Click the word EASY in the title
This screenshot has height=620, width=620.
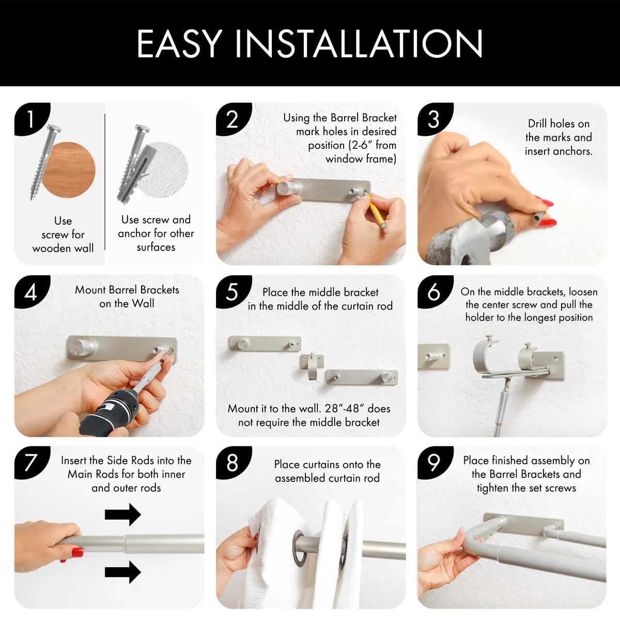tap(179, 43)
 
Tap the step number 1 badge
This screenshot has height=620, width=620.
tap(31, 118)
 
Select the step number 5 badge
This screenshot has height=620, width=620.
tap(233, 291)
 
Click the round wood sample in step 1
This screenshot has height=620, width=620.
tap(69, 169)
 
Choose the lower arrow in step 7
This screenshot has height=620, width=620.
tap(122, 572)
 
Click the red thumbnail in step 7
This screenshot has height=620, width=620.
tap(77, 553)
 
